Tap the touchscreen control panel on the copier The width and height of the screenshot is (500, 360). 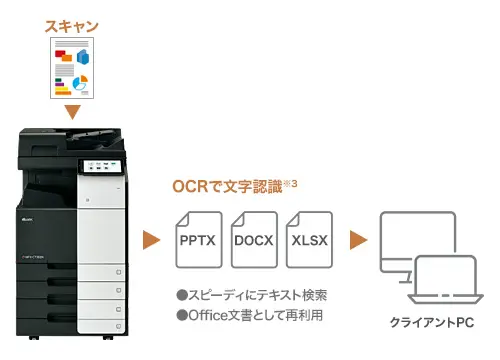[x=102, y=167]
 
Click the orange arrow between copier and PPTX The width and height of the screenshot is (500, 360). [x=151, y=241]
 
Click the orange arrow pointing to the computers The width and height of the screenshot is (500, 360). [x=358, y=241]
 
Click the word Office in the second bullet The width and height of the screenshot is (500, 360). [x=205, y=316]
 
